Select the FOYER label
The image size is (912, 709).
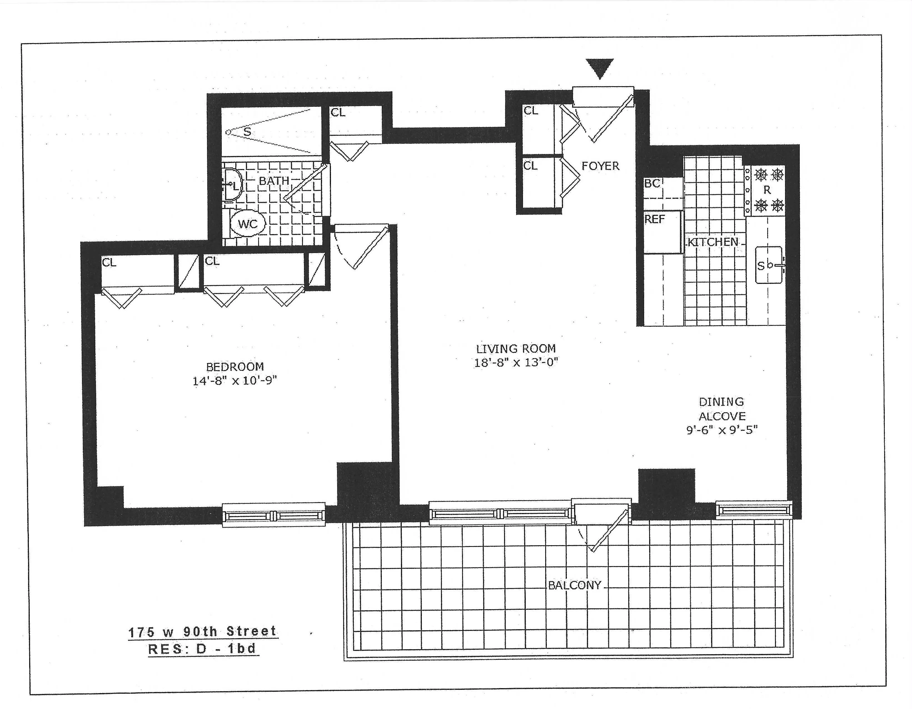click(600, 166)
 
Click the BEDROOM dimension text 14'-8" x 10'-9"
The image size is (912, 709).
click(235, 381)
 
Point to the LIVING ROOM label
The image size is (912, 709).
click(516, 348)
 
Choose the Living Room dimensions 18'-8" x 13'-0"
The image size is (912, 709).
click(516, 362)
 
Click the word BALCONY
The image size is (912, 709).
click(575, 585)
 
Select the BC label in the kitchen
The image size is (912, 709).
click(652, 183)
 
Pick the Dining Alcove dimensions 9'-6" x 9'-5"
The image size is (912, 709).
click(722, 430)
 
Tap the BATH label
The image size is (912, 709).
click(274, 181)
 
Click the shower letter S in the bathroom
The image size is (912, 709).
click(247, 132)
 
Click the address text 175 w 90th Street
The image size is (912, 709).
click(203, 631)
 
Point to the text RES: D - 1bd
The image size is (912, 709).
click(203, 649)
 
